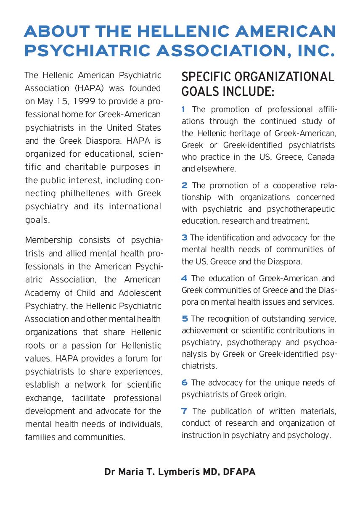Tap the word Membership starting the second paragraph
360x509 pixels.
(48, 240)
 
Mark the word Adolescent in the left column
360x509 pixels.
(139, 293)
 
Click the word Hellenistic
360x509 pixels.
(141, 345)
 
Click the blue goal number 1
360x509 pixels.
(183, 110)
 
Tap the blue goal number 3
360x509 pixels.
(184, 238)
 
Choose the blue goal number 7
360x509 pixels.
(184, 411)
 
